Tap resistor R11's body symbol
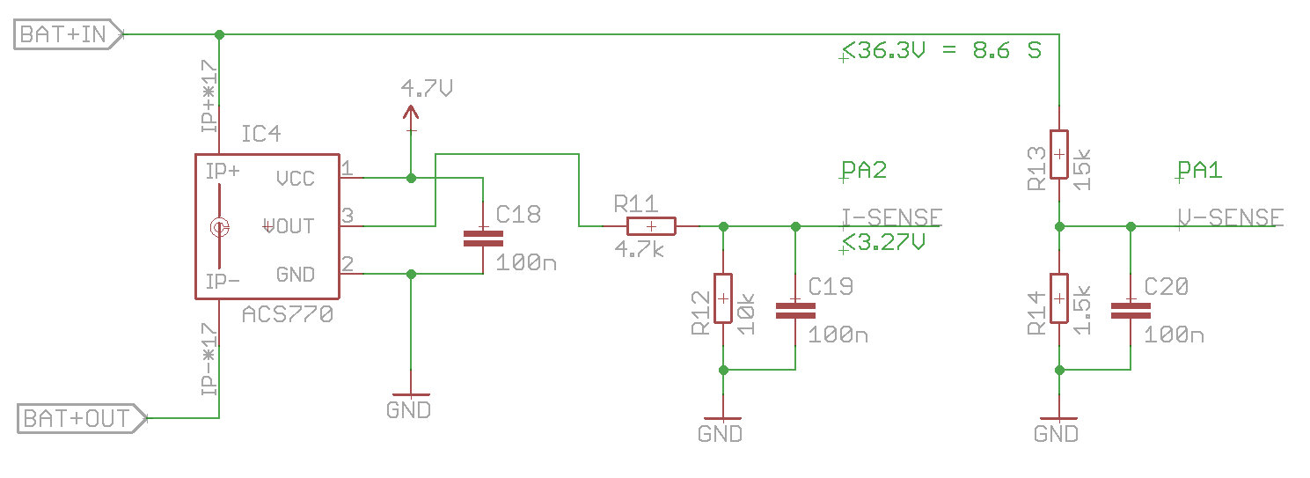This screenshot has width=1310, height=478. click(650, 226)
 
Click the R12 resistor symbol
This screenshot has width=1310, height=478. click(722, 298)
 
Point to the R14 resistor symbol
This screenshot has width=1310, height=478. click(1059, 298)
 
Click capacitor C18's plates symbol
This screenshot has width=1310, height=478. click(483, 238)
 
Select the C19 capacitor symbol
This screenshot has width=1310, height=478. click(795, 309)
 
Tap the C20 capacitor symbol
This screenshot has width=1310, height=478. click(1131, 309)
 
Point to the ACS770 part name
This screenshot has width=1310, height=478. click(289, 313)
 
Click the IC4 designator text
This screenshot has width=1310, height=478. click(262, 135)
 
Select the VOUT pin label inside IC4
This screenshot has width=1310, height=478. click(290, 226)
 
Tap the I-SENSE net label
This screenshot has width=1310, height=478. click(892, 217)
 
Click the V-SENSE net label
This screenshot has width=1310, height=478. click(1230, 217)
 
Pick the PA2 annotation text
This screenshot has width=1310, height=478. click(864, 170)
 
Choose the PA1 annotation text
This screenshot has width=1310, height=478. click(1200, 170)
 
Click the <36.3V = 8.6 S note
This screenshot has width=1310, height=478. click(941, 50)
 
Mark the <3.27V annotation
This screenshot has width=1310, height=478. click(883, 243)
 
